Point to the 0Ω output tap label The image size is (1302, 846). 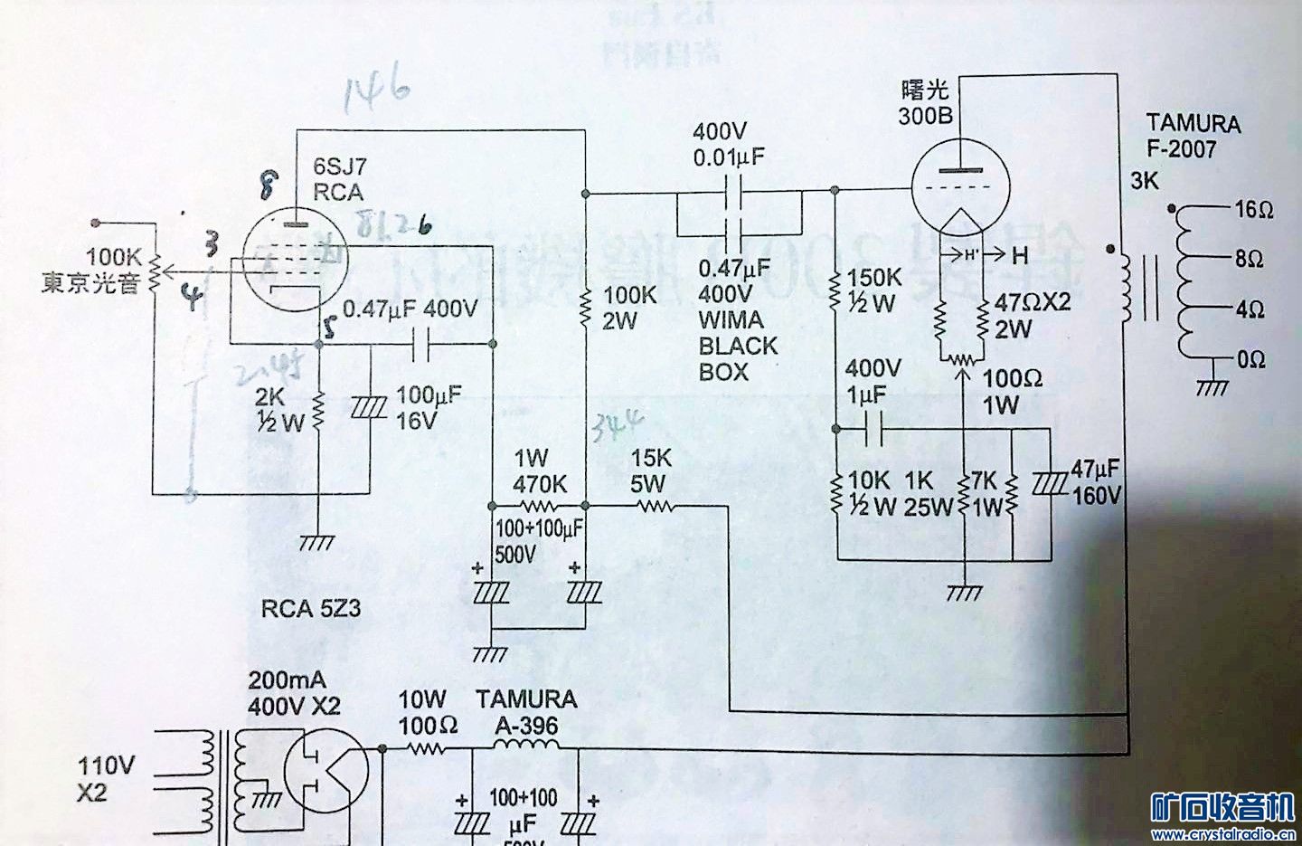1252,359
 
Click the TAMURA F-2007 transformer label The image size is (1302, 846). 1193,136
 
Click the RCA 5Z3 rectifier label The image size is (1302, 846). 311,609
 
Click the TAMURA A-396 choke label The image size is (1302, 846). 526,711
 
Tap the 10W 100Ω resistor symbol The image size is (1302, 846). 426,748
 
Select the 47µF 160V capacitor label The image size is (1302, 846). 1096,481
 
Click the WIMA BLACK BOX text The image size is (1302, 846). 738,346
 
